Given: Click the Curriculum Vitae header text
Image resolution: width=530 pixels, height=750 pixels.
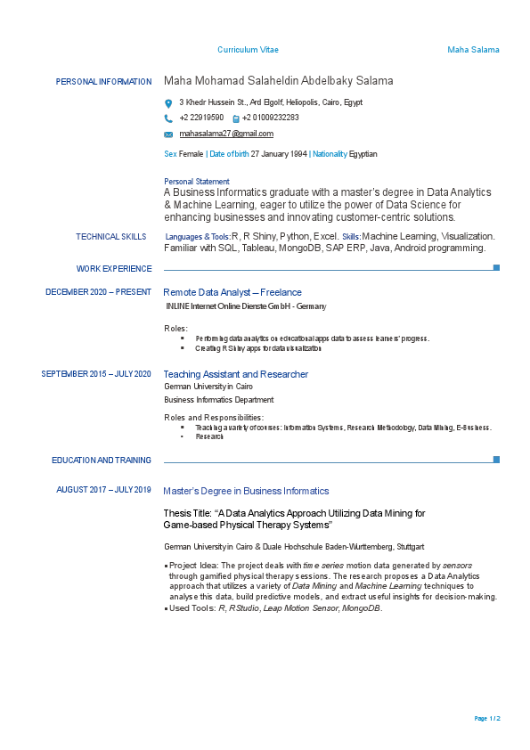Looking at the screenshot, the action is pyautogui.click(x=248, y=50).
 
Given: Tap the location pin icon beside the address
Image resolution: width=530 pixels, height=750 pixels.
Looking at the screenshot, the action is pyautogui.click(x=168, y=103).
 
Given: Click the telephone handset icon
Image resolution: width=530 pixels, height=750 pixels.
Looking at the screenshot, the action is pyautogui.click(x=168, y=118).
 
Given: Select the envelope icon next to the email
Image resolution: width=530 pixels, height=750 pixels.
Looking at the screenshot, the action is pyautogui.click(x=168, y=135).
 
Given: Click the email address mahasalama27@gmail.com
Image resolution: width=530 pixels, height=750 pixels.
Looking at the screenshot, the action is pyautogui.click(x=226, y=134).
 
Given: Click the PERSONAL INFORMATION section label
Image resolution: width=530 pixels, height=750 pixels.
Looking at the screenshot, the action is pyautogui.click(x=103, y=82).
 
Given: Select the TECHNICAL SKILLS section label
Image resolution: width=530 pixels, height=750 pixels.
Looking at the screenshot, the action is pyautogui.click(x=111, y=237).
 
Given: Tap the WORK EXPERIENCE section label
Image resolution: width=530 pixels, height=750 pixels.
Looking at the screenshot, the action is pyautogui.click(x=114, y=268).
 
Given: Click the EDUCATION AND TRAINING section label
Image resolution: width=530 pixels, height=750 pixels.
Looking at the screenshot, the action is pyautogui.click(x=102, y=461).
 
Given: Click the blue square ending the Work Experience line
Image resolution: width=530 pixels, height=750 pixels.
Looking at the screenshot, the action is pyautogui.click(x=496, y=267).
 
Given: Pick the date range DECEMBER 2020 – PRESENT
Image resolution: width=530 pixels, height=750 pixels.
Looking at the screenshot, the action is pyautogui.click(x=98, y=292).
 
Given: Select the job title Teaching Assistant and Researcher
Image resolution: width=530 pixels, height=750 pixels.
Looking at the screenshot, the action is pyautogui.click(x=236, y=374).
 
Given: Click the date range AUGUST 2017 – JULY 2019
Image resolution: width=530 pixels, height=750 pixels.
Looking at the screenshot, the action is pyautogui.click(x=103, y=490).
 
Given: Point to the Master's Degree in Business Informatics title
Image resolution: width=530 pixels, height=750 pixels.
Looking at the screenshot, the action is pyautogui.click(x=246, y=491).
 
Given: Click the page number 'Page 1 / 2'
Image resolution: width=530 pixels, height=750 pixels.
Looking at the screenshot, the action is pyautogui.click(x=487, y=718).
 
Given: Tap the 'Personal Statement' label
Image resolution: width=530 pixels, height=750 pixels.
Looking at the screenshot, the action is pyautogui.click(x=197, y=182).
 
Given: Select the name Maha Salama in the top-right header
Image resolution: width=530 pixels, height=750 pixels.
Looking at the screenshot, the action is pyautogui.click(x=473, y=50).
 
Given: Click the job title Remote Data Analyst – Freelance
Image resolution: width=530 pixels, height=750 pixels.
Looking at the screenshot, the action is pyautogui.click(x=232, y=292).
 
